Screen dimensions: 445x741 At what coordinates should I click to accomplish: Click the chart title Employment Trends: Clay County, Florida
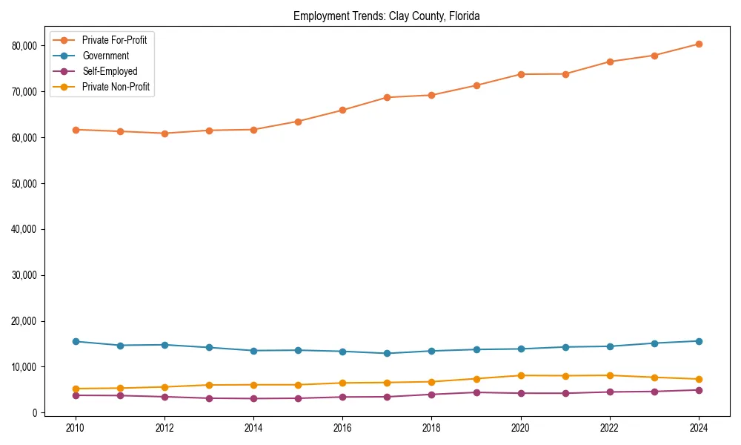386,16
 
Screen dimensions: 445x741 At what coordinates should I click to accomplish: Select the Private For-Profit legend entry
114,40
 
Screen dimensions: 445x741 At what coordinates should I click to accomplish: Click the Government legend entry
105,56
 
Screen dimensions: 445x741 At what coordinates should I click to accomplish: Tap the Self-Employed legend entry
110,71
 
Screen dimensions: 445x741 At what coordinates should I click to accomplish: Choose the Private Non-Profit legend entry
116,87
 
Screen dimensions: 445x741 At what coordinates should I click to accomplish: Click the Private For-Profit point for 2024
699,44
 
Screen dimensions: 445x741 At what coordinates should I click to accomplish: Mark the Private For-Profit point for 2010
75,130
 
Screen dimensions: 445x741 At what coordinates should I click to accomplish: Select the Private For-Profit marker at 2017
387,97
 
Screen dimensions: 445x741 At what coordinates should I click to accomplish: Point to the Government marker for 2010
75,341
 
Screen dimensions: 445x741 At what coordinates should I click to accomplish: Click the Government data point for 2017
387,353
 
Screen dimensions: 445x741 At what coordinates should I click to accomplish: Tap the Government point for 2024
699,341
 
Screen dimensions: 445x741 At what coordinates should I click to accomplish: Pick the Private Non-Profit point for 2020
521,375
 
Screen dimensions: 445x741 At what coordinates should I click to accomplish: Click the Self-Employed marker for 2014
253,398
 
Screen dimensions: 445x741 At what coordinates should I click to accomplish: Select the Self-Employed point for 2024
699,390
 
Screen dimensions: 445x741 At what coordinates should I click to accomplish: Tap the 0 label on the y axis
35,413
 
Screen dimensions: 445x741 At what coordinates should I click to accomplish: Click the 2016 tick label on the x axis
342,428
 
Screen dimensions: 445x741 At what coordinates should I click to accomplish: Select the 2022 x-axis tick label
610,428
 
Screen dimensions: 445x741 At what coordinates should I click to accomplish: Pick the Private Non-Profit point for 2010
75,389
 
